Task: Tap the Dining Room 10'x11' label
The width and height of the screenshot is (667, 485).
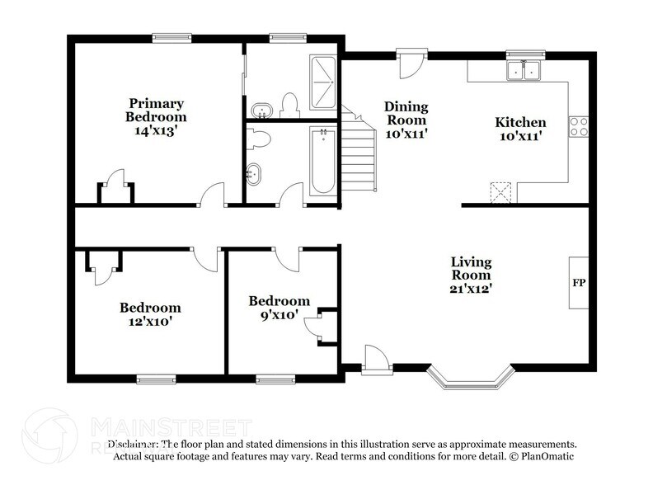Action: point(406,119)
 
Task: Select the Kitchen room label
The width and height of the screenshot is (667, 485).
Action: point(519,129)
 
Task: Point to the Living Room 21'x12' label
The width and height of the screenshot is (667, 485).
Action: point(471,275)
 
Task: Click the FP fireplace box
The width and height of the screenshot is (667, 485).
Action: point(578,283)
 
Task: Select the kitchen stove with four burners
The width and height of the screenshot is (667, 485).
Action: point(578,126)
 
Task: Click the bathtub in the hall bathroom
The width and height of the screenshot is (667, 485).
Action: point(322,161)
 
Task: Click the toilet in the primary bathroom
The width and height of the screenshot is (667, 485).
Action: point(289,105)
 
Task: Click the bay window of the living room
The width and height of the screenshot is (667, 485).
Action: point(470,379)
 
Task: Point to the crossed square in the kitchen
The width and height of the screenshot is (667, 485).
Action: point(500,192)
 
